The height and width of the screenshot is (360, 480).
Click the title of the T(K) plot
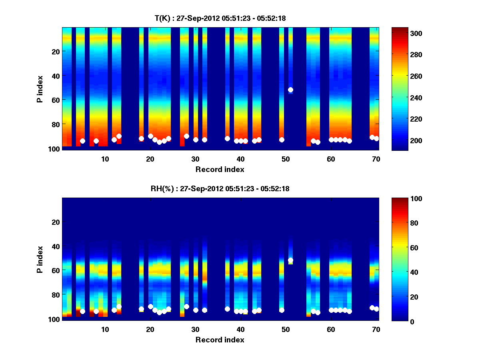point(220,18)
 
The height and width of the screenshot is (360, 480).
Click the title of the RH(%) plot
point(220,189)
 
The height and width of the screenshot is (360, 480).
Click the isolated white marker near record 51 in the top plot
point(290,90)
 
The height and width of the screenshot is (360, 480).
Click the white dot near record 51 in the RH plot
point(290,260)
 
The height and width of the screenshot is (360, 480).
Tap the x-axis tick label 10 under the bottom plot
point(105,329)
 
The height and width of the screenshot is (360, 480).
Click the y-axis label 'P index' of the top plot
point(40,89)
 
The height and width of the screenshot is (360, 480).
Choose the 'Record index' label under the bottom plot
point(220,340)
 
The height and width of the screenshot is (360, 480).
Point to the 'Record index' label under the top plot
point(220,169)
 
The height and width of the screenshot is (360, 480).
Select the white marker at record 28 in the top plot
point(186,136)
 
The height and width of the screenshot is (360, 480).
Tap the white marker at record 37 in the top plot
point(227,138)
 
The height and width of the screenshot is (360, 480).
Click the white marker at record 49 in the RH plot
point(282,310)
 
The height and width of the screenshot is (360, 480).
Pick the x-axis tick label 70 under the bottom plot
point(376,329)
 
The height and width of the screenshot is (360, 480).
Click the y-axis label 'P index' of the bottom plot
point(40,259)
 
